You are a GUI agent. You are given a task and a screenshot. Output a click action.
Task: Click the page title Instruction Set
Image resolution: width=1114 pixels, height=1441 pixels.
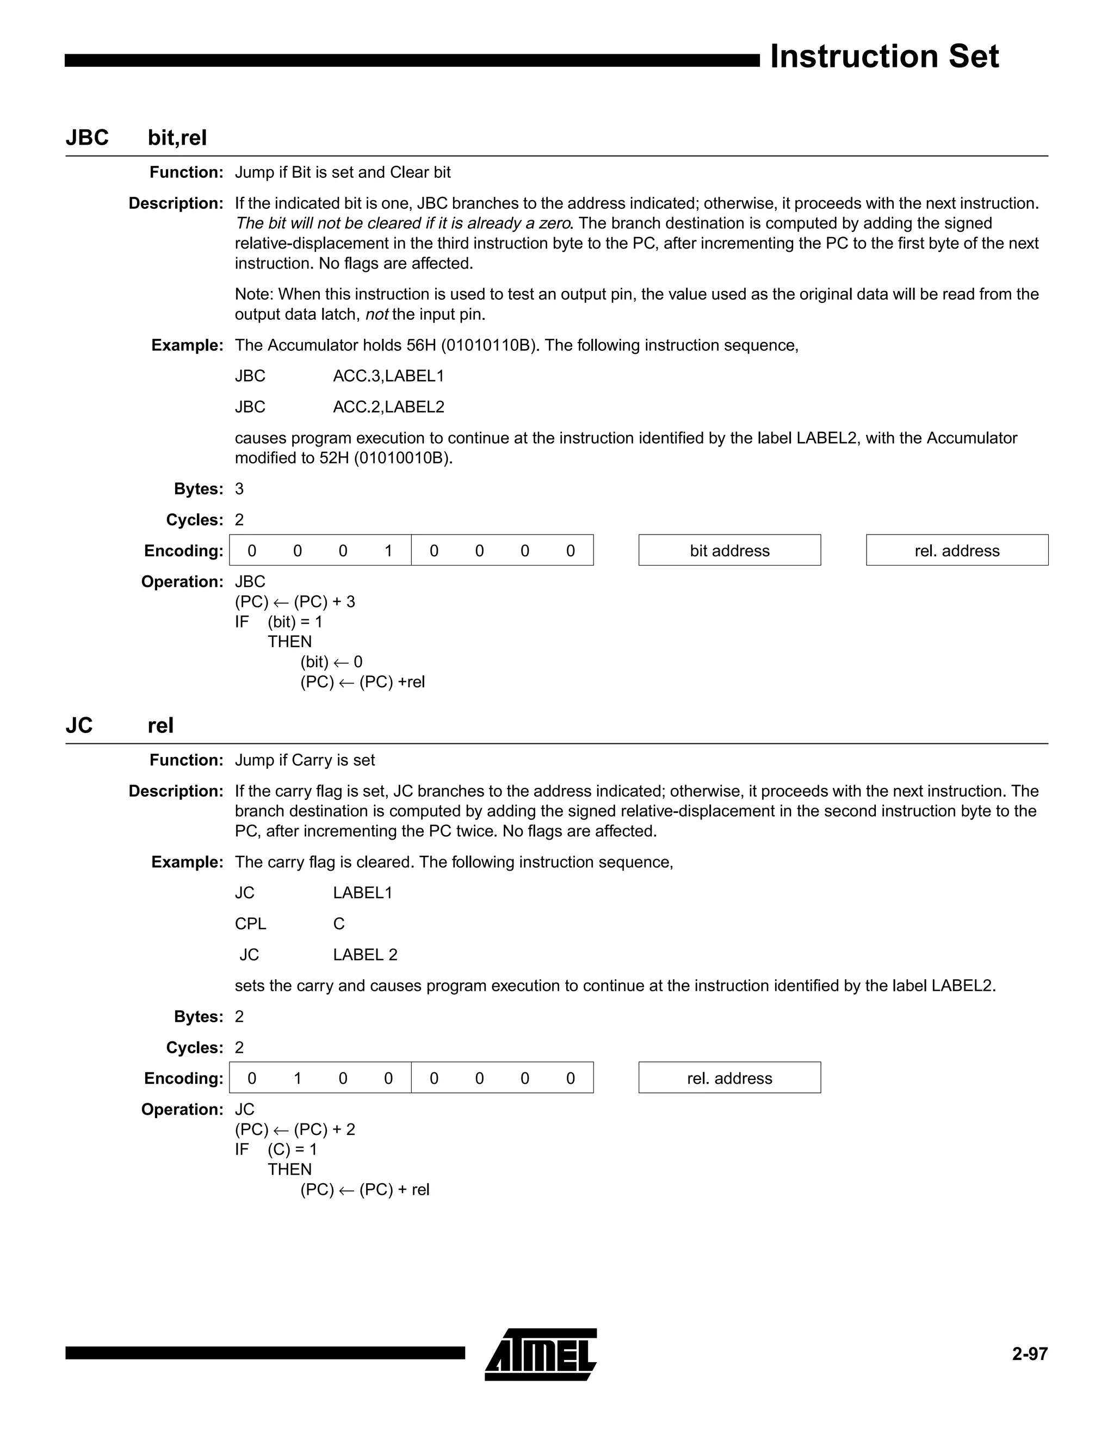pyautogui.click(x=884, y=57)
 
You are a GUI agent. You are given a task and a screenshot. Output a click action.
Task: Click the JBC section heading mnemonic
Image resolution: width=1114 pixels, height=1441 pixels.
pyautogui.click(x=87, y=138)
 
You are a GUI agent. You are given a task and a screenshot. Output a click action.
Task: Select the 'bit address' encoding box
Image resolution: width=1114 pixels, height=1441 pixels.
pyautogui.click(x=729, y=550)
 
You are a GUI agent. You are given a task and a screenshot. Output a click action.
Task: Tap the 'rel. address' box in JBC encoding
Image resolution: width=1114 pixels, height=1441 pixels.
pyautogui.click(x=956, y=550)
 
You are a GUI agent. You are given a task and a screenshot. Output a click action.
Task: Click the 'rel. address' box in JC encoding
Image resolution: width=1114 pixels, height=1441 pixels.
pyautogui.click(x=729, y=1078)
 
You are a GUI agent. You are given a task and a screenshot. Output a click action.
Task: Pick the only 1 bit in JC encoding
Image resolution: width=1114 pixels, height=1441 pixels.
pyautogui.click(x=298, y=1078)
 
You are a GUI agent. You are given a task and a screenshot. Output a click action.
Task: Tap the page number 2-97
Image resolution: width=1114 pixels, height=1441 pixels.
pyautogui.click(x=1030, y=1354)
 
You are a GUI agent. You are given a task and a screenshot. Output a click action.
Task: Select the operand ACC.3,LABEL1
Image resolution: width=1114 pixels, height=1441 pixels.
pyautogui.click(x=388, y=376)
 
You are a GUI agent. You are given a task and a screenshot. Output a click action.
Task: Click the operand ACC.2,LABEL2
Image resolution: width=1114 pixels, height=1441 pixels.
pyautogui.click(x=388, y=407)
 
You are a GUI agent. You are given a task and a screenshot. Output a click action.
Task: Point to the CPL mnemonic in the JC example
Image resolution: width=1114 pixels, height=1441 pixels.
pyautogui.click(x=250, y=924)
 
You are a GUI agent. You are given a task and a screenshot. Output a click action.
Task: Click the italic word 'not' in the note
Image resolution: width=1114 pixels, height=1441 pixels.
pyautogui.click(x=377, y=315)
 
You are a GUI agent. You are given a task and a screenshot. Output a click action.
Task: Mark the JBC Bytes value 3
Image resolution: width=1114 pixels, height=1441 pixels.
pyautogui.click(x=239, y=489)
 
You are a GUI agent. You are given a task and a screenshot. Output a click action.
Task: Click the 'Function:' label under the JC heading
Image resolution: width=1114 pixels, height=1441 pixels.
pyautogui.click(x=186, y=760)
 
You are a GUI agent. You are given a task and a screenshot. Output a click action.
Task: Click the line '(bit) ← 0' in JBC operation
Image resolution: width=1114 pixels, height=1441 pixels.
pyautogui.click(x=331, y=662)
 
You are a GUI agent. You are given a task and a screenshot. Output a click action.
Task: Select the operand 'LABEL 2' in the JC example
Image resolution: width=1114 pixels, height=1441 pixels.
pyautogui.click(x=365, y=955)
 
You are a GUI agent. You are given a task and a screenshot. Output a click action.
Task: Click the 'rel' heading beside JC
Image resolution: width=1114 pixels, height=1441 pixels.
pyautogui.click(x=160, y=726)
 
